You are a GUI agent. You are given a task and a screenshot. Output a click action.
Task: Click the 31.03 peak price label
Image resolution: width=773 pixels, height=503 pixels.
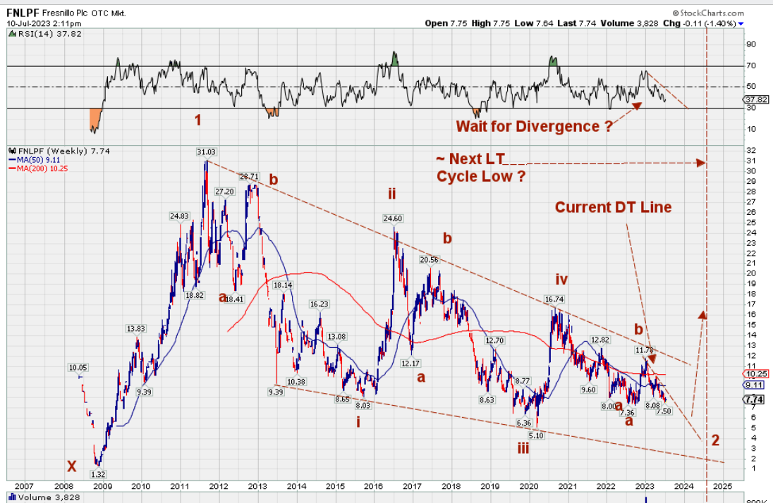206,151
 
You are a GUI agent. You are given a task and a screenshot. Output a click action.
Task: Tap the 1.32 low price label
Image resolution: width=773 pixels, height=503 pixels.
98,474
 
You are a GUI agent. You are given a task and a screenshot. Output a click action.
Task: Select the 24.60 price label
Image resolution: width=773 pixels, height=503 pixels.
393,218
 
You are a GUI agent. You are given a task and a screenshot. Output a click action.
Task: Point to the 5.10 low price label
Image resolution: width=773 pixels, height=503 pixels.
537,436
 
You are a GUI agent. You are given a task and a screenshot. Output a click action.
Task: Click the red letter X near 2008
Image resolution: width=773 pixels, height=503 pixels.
71,466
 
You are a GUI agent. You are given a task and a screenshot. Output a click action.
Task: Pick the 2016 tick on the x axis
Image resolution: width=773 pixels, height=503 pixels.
374,486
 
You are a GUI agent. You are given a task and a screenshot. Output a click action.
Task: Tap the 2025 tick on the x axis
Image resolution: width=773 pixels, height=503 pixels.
722,486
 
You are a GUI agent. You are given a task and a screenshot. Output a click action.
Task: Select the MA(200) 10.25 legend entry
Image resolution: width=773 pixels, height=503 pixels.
33,169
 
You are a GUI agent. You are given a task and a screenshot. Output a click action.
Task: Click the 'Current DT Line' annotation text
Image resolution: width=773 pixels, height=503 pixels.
613,207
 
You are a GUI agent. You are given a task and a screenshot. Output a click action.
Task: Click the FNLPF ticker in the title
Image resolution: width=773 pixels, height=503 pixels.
22,13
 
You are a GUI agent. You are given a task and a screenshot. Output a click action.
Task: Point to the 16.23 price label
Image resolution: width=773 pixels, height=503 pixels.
319,304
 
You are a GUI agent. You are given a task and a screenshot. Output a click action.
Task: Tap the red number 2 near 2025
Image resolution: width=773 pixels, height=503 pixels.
715,440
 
